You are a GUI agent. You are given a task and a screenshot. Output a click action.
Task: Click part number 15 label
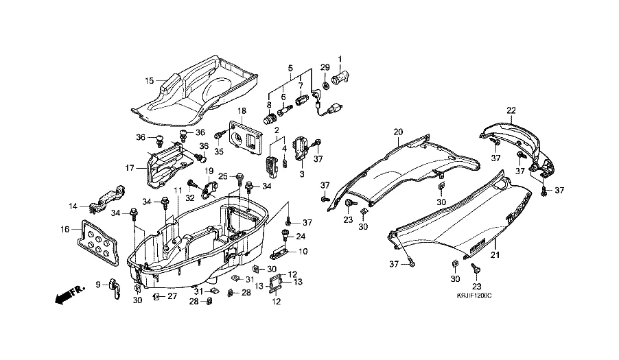click(149, 80)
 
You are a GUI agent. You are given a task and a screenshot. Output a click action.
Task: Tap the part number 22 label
click(511, 110)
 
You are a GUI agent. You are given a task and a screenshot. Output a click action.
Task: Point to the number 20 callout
click(397, 131)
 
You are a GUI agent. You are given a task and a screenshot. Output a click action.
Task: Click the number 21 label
click(494, 255)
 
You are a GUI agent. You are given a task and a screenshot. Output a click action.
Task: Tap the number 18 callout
click(242, 111)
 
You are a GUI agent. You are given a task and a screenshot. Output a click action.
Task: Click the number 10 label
click(303, 252)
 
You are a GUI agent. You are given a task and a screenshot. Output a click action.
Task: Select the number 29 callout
click(325, 67)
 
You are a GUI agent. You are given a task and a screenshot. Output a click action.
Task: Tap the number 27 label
click(172, 297)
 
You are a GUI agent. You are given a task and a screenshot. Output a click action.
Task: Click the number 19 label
click(209, 171)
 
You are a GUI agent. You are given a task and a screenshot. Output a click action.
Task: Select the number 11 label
click(176, 189)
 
